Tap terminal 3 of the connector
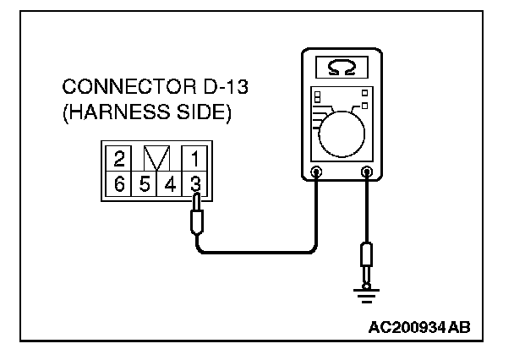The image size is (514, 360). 194,182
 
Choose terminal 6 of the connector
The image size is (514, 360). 119,182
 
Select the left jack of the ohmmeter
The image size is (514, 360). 316,173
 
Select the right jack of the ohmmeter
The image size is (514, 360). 367,173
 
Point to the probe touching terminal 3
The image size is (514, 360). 198,216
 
